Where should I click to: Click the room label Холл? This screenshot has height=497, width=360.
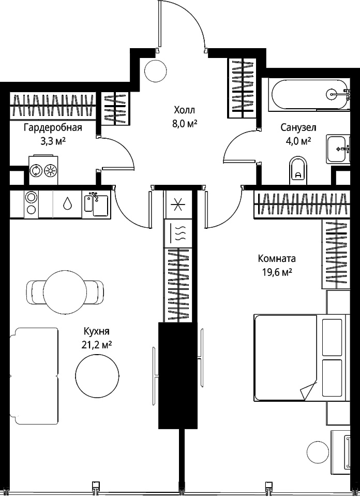pyautogui.click(x=185, y=110)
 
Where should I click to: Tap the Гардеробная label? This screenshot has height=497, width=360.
pyautogui.click(x=53, y=128)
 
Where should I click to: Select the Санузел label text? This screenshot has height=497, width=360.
pyautogui.click(x=298, y=127)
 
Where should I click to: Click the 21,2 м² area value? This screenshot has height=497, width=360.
pyautogui.click(x=97, y=345)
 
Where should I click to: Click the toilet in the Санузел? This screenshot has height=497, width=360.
pyautogui.click(x=298, y=170)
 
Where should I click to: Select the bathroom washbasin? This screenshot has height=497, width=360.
pyautogui.click(x=338, y=149)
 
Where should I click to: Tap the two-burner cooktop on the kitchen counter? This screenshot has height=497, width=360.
pyautogui.click(x=31, y=204)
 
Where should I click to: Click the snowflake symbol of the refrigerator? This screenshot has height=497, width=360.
pyautogui.click(x=178, y=204)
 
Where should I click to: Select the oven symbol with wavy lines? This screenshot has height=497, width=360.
pyautogui.click(x=178, y=233)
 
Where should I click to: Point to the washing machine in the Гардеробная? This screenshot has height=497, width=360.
pyautogui.click(x=43, y=170)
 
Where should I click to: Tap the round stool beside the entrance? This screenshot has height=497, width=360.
pyautogui.click(x=156, y=70)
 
